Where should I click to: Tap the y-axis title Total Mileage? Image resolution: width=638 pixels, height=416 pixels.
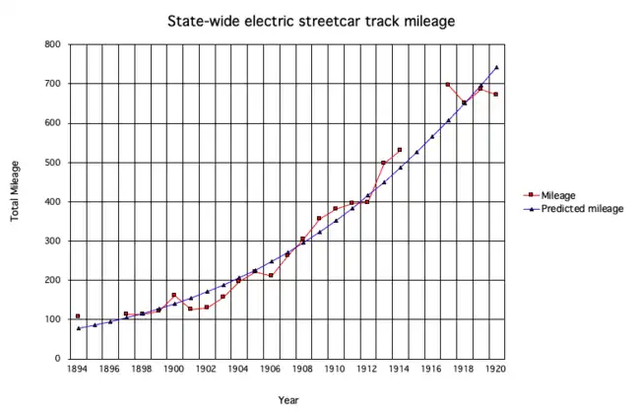click(x=17, y=190)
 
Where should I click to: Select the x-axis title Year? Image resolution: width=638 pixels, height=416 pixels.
click(x=287, y=400)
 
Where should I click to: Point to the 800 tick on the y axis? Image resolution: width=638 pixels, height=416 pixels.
click(x=52, y=45)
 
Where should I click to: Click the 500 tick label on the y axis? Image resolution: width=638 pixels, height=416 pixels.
click(x=52, y=163)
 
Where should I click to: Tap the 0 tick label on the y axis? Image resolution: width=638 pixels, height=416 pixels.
click(x=58, y=359)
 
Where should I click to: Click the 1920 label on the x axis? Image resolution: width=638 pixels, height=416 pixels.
click(x=496, y=371)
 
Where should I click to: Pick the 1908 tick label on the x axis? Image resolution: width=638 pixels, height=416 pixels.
click(x=303, y=371)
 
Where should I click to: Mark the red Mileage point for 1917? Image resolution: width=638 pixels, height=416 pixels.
click(x=448, y=85)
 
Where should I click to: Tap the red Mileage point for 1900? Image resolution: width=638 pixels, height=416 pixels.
click(x=174, y=295)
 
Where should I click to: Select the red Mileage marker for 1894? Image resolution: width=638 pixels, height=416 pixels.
click(x=78, y=316)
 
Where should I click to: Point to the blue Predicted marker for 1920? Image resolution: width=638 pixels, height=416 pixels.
click(x=496, y=67)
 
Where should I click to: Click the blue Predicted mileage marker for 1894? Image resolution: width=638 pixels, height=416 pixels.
click(x=78, y=328)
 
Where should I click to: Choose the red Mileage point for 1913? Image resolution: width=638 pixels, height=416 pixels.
click(x=384, y=163)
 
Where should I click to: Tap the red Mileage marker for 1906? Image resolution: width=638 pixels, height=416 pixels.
click(x=271, y=275)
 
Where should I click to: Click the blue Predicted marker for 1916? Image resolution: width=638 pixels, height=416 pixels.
click(x=432, y=137)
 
